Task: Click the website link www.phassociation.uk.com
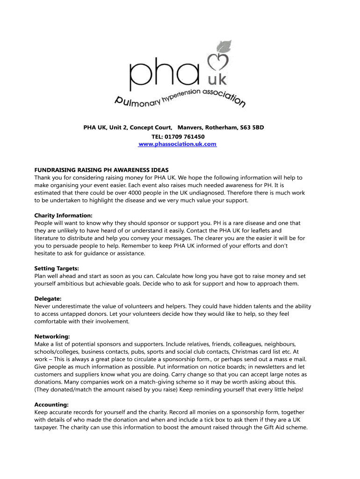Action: tap(178, 144)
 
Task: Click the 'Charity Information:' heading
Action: tap(64, 216)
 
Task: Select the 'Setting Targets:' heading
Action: tap(57, 269)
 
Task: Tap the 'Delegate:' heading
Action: tap(48, 298)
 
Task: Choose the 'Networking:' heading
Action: tap(52, 336)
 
